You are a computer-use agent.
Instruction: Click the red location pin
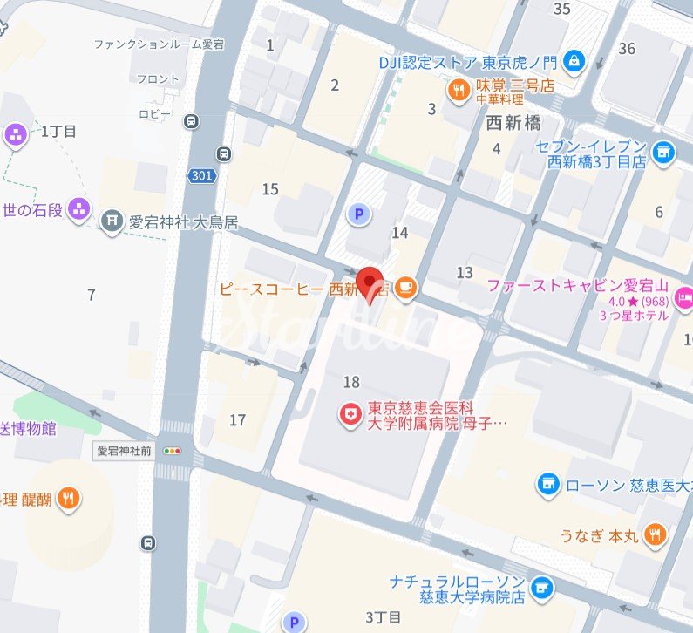point(372,281)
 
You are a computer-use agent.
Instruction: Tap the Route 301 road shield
point(201,176)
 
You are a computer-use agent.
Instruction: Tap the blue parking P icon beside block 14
point(357,212)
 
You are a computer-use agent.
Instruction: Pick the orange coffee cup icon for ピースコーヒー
point(405,288)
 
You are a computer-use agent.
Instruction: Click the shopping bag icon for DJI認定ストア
point(574,61)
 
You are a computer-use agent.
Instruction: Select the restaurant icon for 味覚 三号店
point(459,88)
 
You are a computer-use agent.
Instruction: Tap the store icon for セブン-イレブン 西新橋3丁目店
point(663,153)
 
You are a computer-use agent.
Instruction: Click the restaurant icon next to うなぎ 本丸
point(656,534)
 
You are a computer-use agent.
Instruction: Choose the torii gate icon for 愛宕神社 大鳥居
point(111,221)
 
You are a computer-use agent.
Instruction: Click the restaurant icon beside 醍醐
point(70,500)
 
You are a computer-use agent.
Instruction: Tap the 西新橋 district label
point(513,123)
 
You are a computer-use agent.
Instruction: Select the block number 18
point(351,382)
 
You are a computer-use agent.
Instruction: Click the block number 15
point(270,189)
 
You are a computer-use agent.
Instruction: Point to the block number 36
point(626,49)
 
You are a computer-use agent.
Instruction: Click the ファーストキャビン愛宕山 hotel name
point(577,285)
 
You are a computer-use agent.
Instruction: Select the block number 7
point(92,295)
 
